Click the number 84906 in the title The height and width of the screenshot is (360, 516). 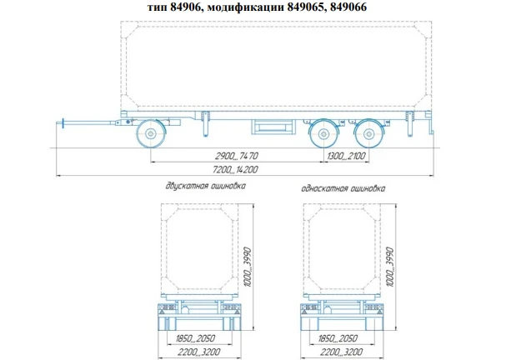[183, 7]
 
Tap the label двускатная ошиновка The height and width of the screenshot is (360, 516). [205, 187]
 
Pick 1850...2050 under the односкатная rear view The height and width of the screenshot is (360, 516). [336, 340]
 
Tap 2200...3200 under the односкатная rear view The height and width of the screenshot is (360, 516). [336, 353]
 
